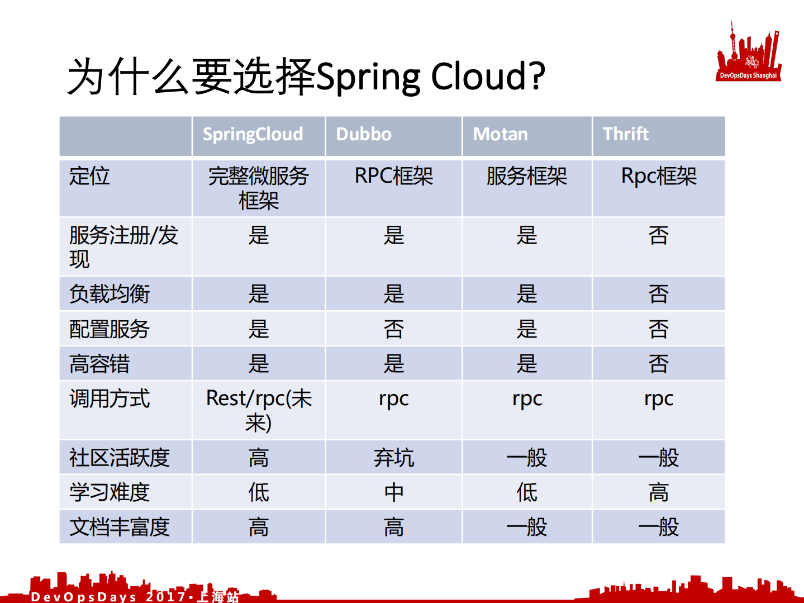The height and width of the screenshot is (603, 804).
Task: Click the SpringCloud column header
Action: pyautogui.click(x=253, y=135)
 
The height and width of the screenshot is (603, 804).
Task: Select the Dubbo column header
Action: pyautogui.click(x=364, y=135)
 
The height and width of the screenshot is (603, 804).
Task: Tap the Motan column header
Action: pyautogui.click(x=500, y=135)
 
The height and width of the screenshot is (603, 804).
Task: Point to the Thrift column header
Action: pyautogui.click(x=625, y=135)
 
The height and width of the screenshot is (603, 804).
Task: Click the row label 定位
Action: pyautogui.click(x=89, y=176)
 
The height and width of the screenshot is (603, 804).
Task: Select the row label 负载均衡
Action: pyautogui.click(x=110, y=294)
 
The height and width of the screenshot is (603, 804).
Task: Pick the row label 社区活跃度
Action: pyautogui.click(x=120, y=458)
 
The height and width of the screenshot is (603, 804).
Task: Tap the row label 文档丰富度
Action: pyautogui.click(x=120, y=527)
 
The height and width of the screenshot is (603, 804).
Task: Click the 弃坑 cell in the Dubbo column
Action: pyautogui.click(x=393, y=458)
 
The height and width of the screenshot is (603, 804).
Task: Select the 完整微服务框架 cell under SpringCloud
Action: pyautogui.click(x=258, y=188)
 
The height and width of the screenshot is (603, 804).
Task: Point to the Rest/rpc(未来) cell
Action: pyautogui.click(x=259, y=410)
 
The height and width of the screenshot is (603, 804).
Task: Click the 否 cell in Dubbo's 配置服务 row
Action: pyautogui.click(x=393, y=329)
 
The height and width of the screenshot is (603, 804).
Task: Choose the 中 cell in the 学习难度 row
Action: pyautogui.click(x=393, y=492)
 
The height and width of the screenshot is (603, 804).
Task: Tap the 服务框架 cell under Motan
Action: pyautogui.click(x=526, y=177)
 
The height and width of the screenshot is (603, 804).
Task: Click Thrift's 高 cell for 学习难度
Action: pyautogui.click(x=658, y=492)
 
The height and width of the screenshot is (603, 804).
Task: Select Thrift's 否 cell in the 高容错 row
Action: pyautogui.click(x=658, y=364)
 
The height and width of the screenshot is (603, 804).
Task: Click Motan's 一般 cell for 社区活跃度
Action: pyautogui.click(x=526, y=458)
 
